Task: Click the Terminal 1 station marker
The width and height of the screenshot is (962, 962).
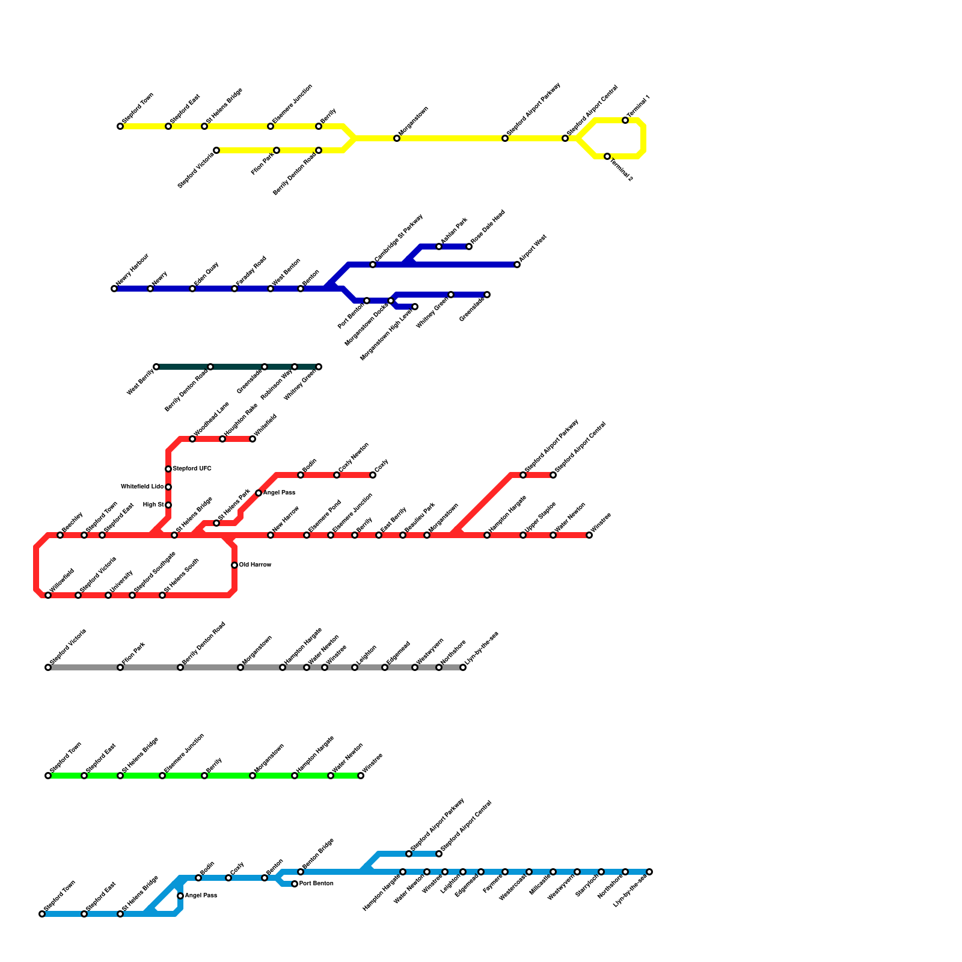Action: click(x=625, y=120)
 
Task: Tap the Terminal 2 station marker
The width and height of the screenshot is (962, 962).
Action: click(x=607, y=156)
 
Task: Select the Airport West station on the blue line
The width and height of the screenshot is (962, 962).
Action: click(x=517, y=265)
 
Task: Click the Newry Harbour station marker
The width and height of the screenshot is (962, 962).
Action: click(x=114, y=289)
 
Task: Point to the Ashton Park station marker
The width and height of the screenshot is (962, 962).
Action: click(x=439, y=247)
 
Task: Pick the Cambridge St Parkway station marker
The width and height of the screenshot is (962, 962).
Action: click(x=373, y=265)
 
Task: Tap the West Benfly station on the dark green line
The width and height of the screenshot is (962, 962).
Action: click(x=156, y=367)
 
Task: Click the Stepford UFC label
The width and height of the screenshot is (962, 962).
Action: click(x=192, y=469)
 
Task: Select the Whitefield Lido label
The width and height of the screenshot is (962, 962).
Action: click(x=142, y=487)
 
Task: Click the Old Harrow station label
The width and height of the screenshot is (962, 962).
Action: click(x=255, y=565)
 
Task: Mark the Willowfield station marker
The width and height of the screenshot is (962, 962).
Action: click(x=48, y=595)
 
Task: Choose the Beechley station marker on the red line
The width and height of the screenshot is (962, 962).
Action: click(x=60, y=535)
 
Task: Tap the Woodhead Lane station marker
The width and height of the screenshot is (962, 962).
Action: click(x=192, y=439)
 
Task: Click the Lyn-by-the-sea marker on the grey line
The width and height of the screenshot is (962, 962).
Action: click(x=463, y=667)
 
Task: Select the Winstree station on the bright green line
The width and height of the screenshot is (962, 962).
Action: click(x=361, y=776)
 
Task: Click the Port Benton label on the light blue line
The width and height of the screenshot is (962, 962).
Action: click(x=316, y=884)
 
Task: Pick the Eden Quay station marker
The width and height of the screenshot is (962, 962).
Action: click(x=192, y=289)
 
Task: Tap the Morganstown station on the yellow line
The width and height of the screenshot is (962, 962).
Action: click(x=397, y=138)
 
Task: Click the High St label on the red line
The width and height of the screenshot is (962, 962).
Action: click(x=153, y=505)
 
